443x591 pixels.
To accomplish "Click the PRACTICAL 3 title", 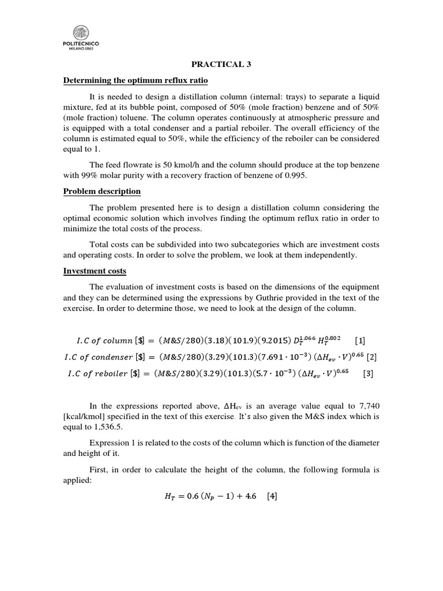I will (221, 65).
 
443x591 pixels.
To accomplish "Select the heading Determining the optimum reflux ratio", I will (135, 80).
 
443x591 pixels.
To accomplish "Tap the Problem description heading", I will (102, 191).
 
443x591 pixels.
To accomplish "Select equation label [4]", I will (269, 496).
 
